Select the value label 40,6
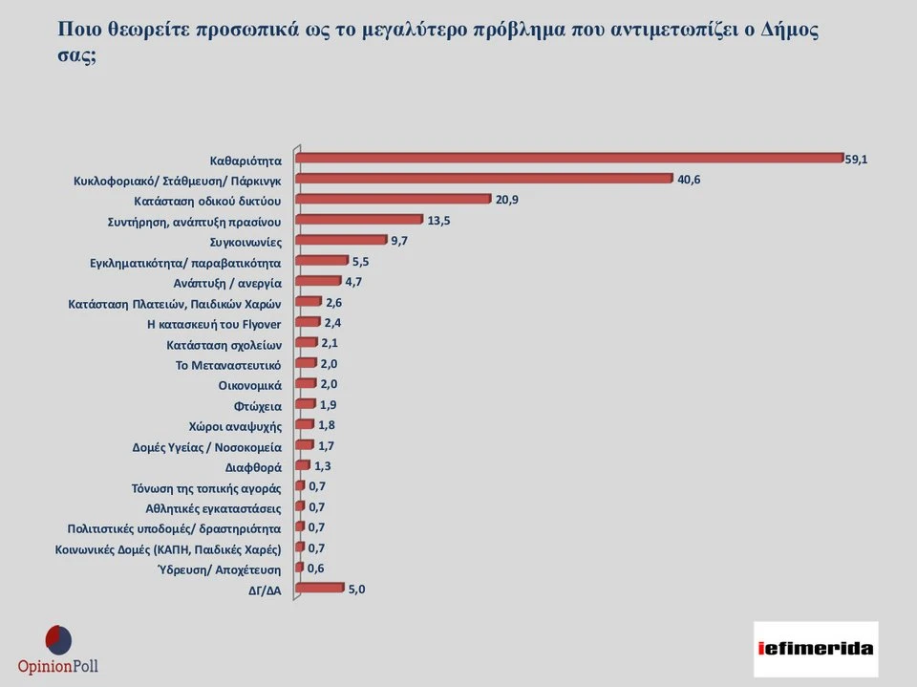click(x=689, y=180)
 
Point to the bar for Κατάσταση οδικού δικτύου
click(x=394, y=200)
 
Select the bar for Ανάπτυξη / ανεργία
click(x=318, y=281)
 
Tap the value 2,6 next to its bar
click(x=333, y=302)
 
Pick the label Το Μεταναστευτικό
click(x=227, y=364)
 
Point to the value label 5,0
click(x=354, y=590)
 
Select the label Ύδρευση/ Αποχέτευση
click(x=219, y=569)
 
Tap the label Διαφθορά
click(x=253, y=467)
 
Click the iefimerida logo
click(x=815, y=649)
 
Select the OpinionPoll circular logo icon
click(x=58, y=639)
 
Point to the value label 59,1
click(x=856, y=159)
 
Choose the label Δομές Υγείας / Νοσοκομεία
click(x=206, y=446)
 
